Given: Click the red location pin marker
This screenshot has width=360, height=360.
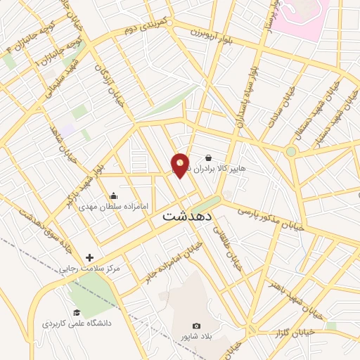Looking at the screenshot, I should point(181,165).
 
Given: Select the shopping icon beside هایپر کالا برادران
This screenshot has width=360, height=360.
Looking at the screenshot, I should point(208,158).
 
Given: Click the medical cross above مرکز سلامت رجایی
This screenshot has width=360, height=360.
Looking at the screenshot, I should point(89,258).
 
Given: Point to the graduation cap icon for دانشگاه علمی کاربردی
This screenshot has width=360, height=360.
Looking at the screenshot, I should point(77,313).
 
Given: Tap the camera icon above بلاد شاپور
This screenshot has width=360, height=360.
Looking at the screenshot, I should point(196,326).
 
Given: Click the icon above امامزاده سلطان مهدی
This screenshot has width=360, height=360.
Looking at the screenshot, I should point(113,196).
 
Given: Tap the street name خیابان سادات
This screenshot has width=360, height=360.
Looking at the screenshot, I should point(277,112).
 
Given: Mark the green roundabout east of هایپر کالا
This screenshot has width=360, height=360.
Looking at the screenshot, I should point(290,151).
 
